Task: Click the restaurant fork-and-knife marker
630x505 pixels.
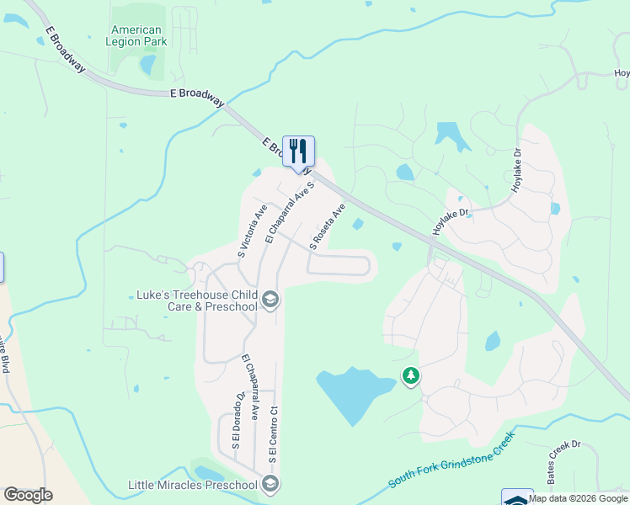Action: coord(298,151)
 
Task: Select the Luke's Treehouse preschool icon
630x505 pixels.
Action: coord(270,300)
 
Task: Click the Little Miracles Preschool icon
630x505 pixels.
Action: coord(270,484)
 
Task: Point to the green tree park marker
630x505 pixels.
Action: coord(411,376)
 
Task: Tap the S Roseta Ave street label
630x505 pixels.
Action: coord(328,226)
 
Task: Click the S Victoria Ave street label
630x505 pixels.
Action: coord(252,230)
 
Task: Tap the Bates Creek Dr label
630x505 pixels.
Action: coord(563,460)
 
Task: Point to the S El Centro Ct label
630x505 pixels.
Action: coord(273,434)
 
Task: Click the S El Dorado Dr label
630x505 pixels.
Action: coord(238,419)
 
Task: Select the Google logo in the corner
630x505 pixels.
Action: coord(28,495)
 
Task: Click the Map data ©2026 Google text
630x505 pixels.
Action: coord(579,498)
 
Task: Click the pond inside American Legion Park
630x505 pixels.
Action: coord(148,64)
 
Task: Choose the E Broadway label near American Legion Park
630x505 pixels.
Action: coord(196,97)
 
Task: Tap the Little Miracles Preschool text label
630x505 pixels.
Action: coord(192,485)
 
